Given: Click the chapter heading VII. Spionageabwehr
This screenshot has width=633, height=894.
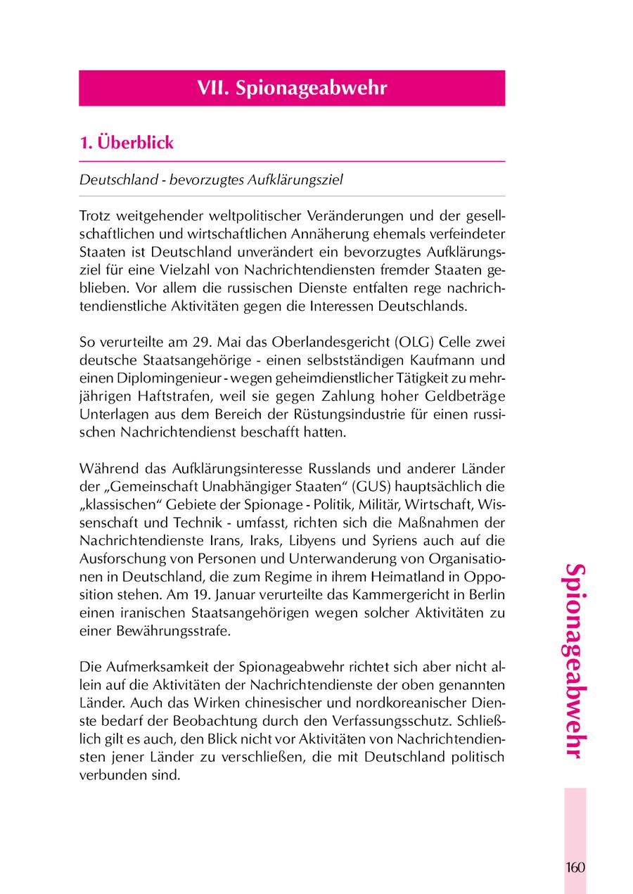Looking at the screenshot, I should click(x=292, y=88).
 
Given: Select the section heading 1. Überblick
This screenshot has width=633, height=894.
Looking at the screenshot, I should click(x=127, y=143).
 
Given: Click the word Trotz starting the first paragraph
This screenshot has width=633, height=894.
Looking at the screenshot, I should click(x=96, y=214).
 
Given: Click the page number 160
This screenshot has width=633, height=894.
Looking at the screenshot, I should click(x=574, y=867).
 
